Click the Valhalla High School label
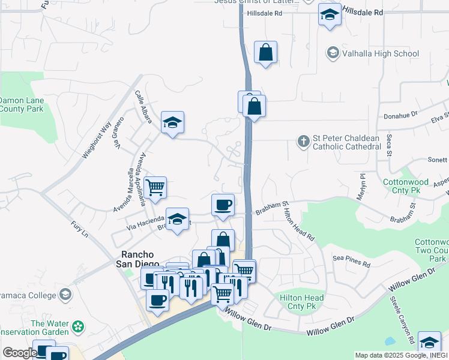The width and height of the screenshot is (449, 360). click(380, 53)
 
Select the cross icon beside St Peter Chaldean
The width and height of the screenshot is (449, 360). click(304, 142)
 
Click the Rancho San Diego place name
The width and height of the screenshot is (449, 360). click(138, 259)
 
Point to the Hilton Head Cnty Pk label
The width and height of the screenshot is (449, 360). click(302, 301)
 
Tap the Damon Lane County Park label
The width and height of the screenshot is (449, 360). click(22, 105)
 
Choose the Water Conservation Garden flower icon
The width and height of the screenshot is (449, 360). click(77, 327)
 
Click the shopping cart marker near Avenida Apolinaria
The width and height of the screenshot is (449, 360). click(155, 187)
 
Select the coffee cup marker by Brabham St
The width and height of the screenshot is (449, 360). click(223, 205)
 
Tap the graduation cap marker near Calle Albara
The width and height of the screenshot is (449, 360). click(172, 123)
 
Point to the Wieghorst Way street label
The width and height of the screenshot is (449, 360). click(97, 140)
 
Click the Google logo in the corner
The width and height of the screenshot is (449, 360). click(19, 353)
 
